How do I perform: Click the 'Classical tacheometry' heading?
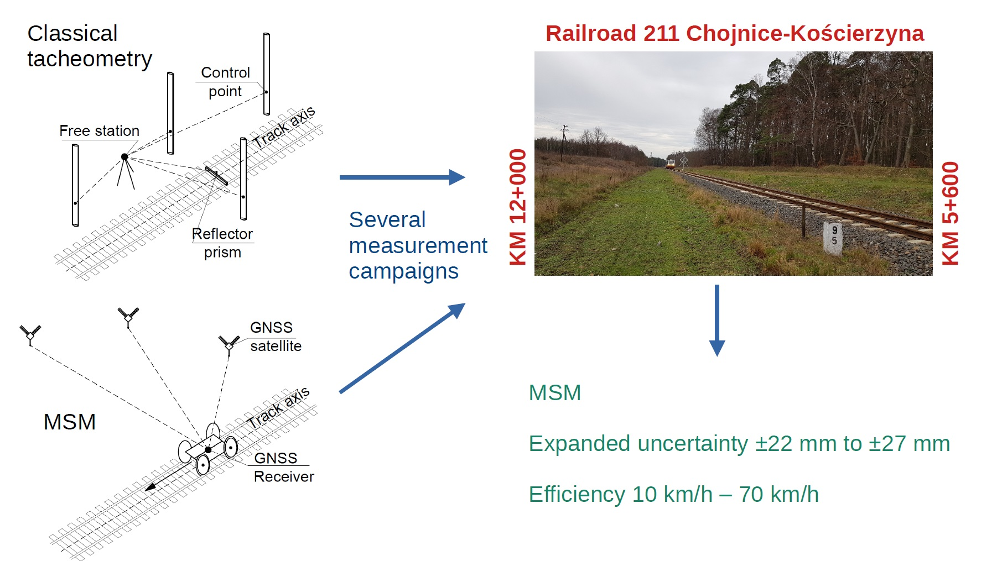pyautogui.click(x=89, y=46)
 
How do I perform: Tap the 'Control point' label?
pyautogui.click(x=225, y=82)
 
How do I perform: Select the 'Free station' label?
pyautogui.click(x=99, y=131)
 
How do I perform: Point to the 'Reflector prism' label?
pyautogui.click(x=222, y=243)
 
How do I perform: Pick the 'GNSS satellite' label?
pyautogui.click(x=275, y=337)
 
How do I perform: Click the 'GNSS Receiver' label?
pyautogui.click(x=283, y=467)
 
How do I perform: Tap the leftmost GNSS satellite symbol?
pyautogui.click(x=30, y=334)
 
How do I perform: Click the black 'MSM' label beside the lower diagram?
pyautogui.click(x=70, y=422)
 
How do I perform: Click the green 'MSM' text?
pyautogui.click(x=554, y=393)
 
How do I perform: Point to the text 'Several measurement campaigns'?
pyautogui.click(x=418, y=245)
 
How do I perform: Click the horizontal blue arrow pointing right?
pyautogui.click(x=402, y=177)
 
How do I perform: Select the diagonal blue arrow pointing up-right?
pyautogui.click(x=402, y=348)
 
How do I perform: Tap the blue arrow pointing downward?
pyautogui.click(x=717, y=320)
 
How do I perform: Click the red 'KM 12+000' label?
pyautogui.click(x=518, y=207)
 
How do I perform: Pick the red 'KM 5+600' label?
pyautogui.click(x=950, y=213)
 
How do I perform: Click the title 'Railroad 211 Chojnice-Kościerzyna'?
pyautogui.click(x=734, y=34)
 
